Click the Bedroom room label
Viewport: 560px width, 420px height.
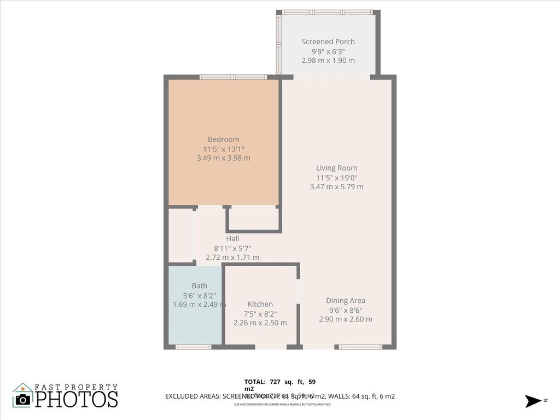223,139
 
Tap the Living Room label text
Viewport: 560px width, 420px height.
336,168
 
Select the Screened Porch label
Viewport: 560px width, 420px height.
328,42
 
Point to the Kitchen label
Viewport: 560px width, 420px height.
260,304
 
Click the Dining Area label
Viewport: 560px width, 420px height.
346,300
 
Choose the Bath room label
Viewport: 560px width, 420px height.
200,285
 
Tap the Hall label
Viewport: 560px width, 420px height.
232,238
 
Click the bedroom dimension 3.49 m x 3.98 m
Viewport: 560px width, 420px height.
223,158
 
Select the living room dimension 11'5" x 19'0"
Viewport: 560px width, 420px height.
336,177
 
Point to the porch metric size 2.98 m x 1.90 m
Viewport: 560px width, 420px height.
328,60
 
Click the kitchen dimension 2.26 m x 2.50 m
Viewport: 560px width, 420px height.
260,323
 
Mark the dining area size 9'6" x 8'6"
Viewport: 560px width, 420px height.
346,310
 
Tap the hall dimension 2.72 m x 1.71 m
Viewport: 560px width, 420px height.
232,257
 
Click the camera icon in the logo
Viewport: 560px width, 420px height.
23,399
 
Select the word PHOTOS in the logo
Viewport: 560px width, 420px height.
77,399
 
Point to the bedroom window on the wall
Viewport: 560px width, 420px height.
233,77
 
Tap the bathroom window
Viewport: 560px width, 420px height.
193,347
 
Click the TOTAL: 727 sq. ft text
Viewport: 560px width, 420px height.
279,382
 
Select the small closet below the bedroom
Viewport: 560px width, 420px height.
253,219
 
